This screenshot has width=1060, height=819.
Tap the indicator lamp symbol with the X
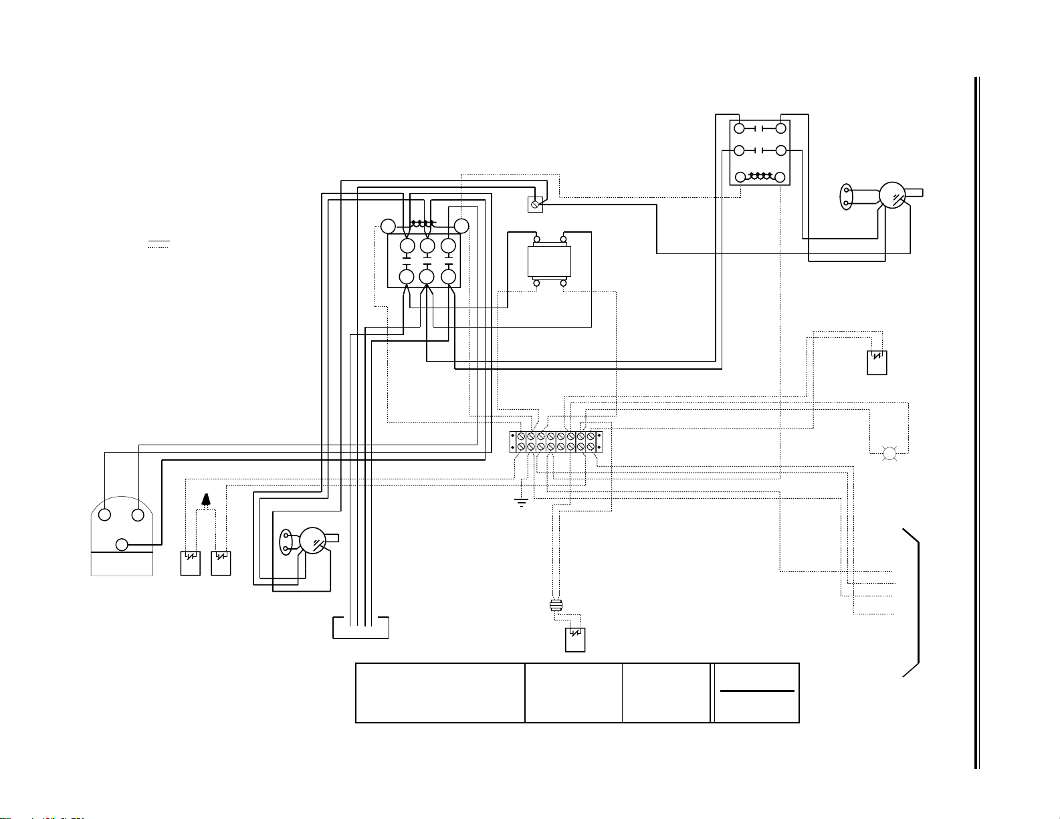coord(889,455)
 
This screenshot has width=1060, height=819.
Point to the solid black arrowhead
coord(206,499)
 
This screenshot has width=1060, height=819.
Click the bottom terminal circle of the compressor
coord(122,544)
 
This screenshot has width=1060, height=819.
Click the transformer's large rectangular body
coord(550,261)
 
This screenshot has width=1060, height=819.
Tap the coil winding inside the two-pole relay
coord(759,177)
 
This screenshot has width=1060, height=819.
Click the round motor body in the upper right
coord(891,195)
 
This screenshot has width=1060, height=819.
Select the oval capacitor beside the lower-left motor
coord(286,542)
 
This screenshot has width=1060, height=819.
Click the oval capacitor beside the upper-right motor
coord(846,195)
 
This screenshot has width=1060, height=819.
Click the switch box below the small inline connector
coord(575,640)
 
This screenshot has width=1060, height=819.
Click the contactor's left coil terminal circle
coord(389,226)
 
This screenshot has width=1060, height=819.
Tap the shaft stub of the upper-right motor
coord(914,193)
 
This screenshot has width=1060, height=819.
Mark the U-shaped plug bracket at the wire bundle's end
coord(360,629)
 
